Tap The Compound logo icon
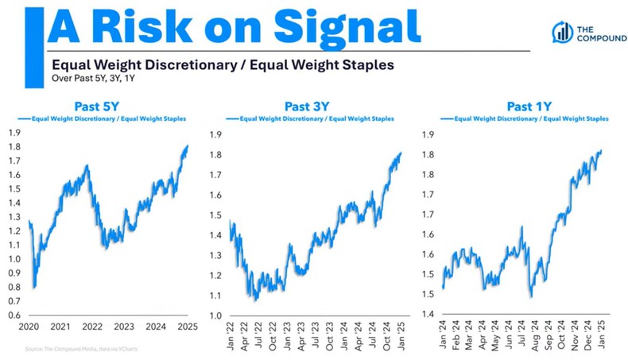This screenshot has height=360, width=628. click(x=563, y=32)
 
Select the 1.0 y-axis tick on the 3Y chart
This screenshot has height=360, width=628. click(x=215, y=316)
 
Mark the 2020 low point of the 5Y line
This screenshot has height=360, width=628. click(x=34, y=287)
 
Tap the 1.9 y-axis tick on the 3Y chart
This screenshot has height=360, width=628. click(x=215, y=134)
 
